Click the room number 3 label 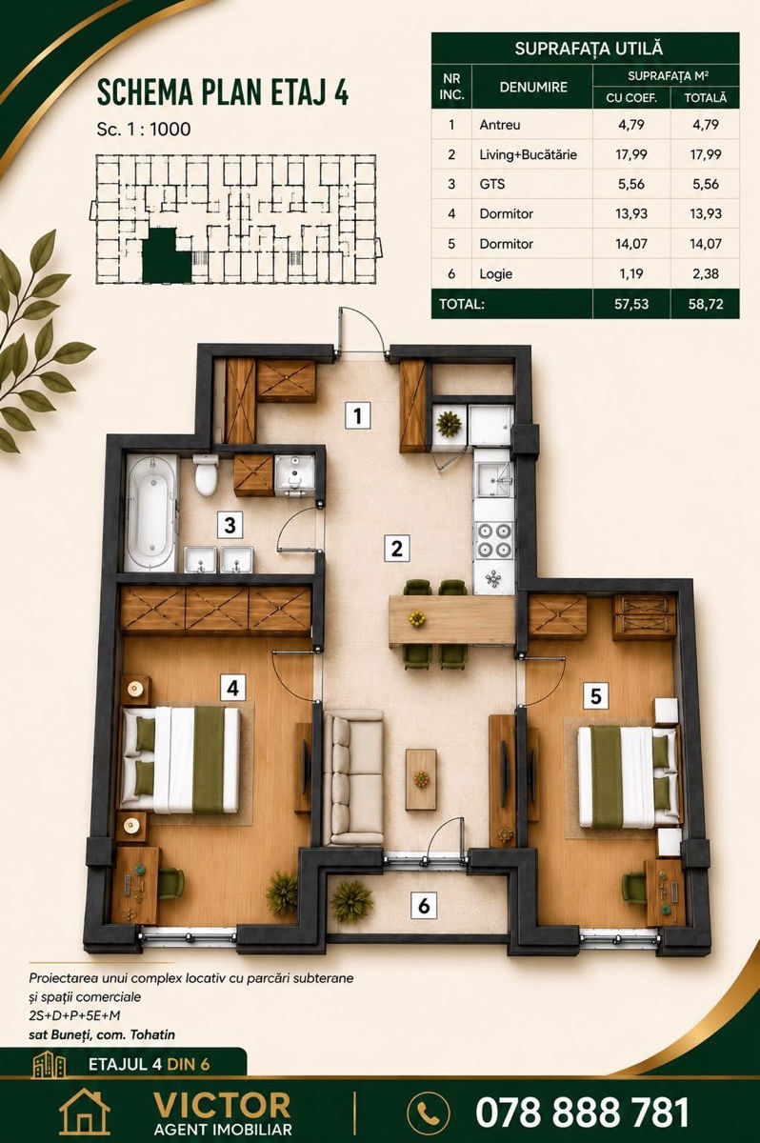(230, 525)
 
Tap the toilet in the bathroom (206, 474)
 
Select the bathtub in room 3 (151, 512)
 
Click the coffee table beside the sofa (421, 779)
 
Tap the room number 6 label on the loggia (424, 906)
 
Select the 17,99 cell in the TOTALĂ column (706, 154)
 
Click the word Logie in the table (495, 274)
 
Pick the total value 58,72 (706, 304)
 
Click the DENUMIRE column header (533, 87)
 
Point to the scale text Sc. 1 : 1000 (144, 130)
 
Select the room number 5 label (596, 696)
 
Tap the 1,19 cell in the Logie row (631, 274)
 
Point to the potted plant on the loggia (351, 902)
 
